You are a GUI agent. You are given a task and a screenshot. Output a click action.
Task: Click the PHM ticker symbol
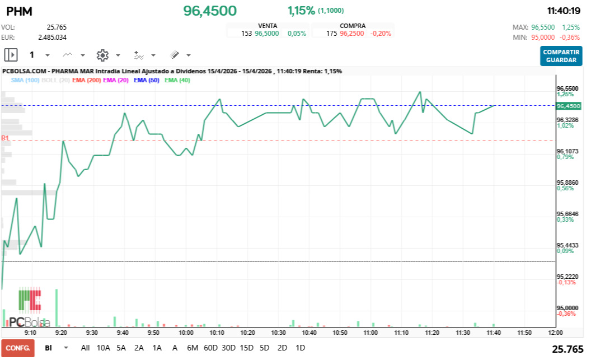click(18, 11)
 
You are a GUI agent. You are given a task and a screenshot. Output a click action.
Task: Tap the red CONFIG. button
click(17, 348)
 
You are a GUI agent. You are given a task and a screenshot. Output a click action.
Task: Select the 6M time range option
click(193, 348)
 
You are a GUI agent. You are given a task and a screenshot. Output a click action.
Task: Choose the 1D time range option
click(300, 348)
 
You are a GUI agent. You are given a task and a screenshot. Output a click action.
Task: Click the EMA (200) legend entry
click(86, 80)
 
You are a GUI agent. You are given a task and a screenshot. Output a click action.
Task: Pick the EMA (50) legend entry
click(146, 80)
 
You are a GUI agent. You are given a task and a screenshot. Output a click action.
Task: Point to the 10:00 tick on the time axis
click(186, 333)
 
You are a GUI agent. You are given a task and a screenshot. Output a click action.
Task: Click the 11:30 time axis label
click(462, 333)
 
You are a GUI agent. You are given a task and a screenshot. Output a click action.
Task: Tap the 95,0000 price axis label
click(567, 308)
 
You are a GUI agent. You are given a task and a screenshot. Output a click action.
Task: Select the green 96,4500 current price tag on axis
click(568, 106)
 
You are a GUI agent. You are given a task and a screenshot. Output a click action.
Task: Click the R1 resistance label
click(5, 138)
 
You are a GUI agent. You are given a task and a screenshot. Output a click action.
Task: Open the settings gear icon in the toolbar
click(102, 55)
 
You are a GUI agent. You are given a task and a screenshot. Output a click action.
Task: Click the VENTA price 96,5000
click(267, 34)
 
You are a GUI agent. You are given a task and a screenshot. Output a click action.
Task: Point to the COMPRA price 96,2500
click(351, 34)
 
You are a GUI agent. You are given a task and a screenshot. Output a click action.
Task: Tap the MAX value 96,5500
click(543, 27)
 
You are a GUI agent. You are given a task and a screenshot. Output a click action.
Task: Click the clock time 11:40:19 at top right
click(564, 11)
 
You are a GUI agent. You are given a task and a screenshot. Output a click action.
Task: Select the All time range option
click(85, 348)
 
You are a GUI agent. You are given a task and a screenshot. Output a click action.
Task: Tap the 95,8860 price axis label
click(567, 183)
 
